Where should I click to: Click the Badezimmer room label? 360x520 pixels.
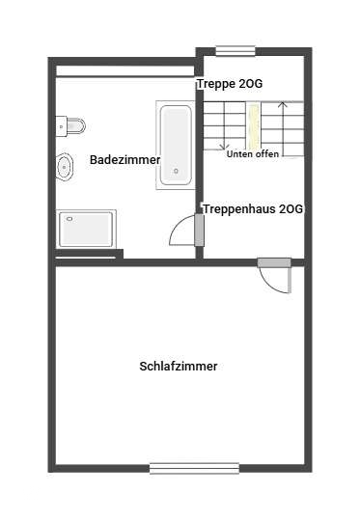pyautogui.click(x=125, y=160)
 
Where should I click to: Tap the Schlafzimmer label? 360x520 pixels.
pyautogui.click(x=179, y=367)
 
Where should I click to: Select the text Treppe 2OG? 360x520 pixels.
pyautogui.click(x=231, y=84)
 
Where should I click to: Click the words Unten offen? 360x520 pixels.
pyautogui.click(x=253, y=154)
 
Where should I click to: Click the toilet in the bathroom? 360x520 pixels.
pyautogui.click(x=72, y=125)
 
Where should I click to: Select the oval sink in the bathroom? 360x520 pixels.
pyautogui.click(x=65, y=167)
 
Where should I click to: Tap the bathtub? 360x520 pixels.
pyautogui.click(x=176, y=144)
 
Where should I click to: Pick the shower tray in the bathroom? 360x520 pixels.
pyautogui.click(x=87, y=230)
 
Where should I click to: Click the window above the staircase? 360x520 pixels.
pyautogui.click(x=235, y=51)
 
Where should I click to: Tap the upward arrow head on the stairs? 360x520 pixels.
pyautogui.click(x=282, y=104)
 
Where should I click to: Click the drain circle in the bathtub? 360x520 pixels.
pyautogui.click(x=176, y=173)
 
